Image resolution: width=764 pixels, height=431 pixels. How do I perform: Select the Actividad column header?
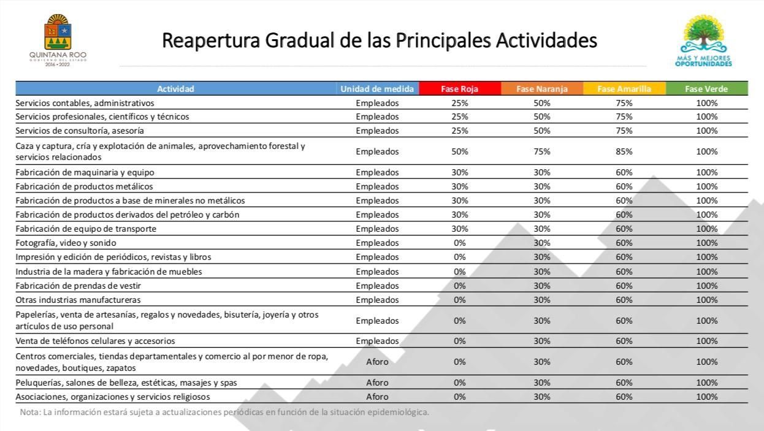175,89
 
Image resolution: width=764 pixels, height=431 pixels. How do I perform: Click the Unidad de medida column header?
377,89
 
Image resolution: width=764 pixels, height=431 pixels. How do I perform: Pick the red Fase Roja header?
459,89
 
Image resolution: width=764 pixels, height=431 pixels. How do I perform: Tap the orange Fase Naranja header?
542,89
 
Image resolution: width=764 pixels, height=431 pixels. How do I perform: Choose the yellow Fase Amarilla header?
624,89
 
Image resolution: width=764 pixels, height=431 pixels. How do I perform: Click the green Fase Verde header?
706,89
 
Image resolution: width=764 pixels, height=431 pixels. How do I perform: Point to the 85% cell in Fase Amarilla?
624,151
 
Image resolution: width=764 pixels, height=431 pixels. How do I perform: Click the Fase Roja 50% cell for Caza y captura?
460,151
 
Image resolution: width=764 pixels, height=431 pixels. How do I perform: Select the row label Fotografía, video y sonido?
66,243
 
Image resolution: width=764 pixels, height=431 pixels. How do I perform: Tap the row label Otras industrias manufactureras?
78,300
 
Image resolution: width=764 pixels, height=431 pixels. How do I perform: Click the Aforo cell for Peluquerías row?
377,383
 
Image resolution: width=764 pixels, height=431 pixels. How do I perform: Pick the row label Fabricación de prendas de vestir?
78,286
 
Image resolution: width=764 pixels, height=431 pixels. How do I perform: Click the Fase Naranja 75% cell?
542,151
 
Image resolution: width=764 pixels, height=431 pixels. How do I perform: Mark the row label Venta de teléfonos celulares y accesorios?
95,341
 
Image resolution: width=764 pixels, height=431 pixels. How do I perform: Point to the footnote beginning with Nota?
224,412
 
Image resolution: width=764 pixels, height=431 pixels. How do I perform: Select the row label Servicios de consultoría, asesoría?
80,131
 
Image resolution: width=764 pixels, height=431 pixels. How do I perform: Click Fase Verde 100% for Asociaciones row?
706,397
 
